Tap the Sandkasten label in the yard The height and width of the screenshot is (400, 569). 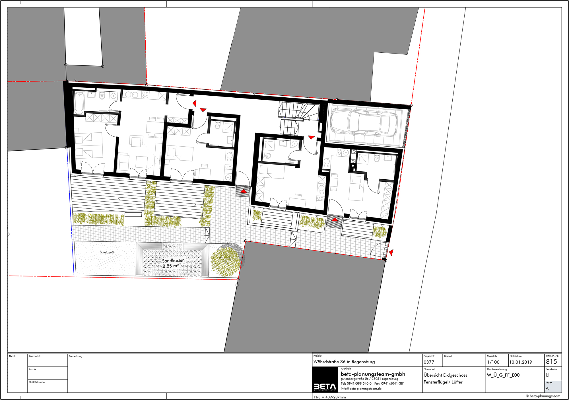tap(173, 260)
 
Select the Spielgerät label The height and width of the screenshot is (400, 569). tap(107, 252)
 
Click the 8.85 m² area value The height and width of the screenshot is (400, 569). tap(171, 266)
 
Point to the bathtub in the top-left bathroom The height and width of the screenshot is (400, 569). tap(79, 102)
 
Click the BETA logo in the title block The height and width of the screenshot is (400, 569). tap(325, 387)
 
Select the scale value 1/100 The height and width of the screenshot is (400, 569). tap(493, 362)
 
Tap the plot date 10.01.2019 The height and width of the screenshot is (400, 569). tap(521, 362)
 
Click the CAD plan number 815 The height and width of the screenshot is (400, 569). tap(551, 362)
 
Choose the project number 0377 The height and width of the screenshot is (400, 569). tap(429, 362)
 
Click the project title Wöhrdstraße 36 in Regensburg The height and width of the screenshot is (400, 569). tap(344, 362)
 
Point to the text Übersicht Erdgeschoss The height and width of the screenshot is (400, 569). tap(445, 375)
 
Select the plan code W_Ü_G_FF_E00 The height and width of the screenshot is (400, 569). tap(503, 375)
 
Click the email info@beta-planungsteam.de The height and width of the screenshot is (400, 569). tap(361, 389)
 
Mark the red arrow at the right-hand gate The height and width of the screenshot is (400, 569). tap(391, 252)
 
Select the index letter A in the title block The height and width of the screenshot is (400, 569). tap(547, 389)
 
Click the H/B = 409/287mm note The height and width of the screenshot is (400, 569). tap(330, 397)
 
